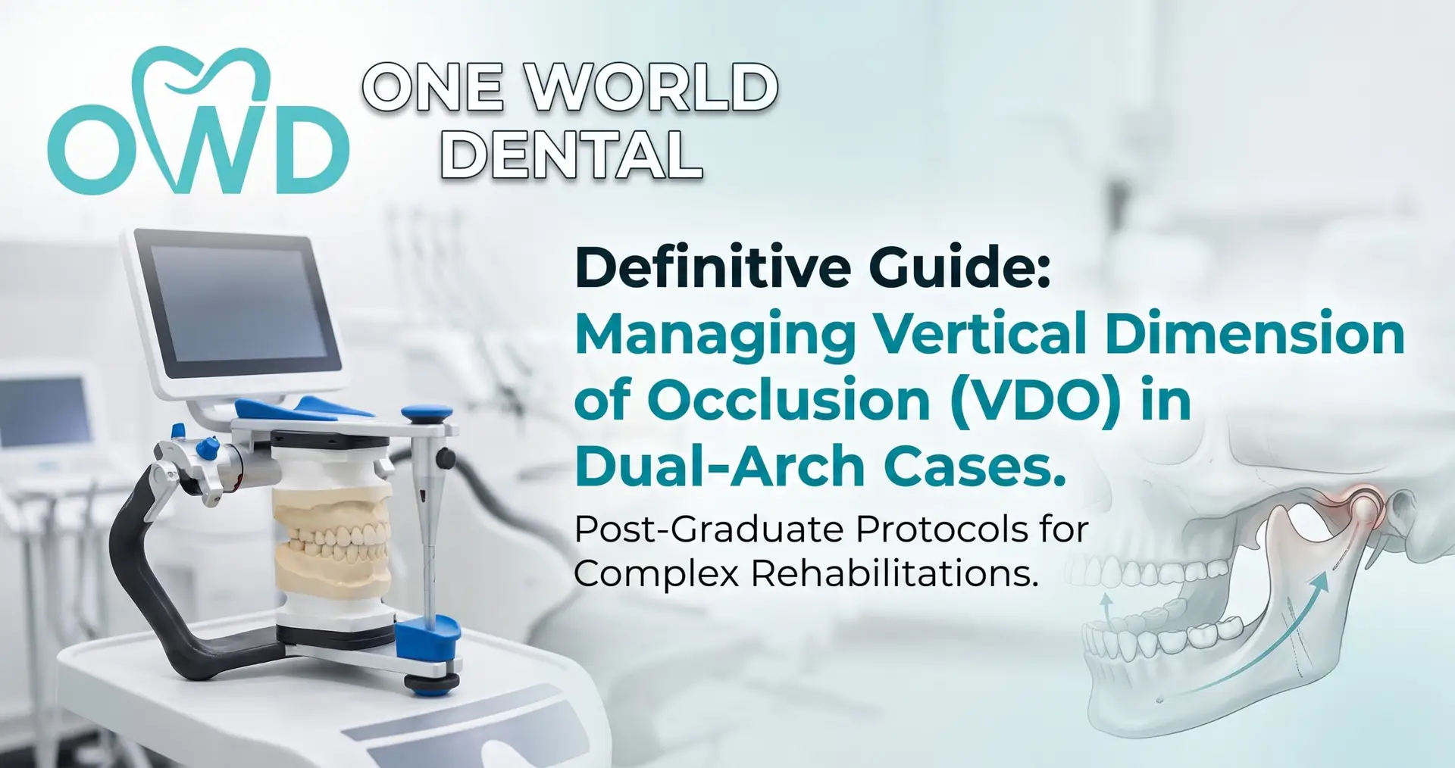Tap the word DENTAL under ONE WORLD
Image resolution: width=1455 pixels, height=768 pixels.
pyautogui.click(x=572, y=155)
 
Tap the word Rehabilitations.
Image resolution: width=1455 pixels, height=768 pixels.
pyautogui.click(x=894, y=573)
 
